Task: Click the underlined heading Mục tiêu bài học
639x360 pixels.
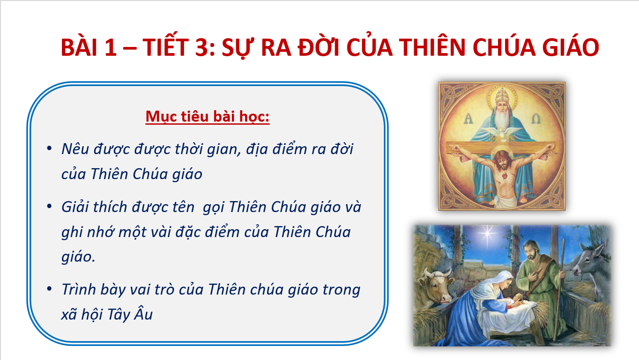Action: click(x=207, y=116)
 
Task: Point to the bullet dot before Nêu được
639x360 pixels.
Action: click(x=49, y=148)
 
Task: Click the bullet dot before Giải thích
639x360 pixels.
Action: click(x=49, y=206)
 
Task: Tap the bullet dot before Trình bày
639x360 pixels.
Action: click(x=49, y=289)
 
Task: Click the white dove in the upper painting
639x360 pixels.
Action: click(x=502, y=133)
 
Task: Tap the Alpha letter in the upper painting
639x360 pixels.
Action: click(x=468, y=118)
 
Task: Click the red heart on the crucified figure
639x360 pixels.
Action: click(x=505, y=176)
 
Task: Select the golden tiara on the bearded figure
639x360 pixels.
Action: click(x=502, y=96)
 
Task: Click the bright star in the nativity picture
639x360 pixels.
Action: click(x=487, y=234)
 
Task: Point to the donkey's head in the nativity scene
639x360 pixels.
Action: click(x=591, y=263)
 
